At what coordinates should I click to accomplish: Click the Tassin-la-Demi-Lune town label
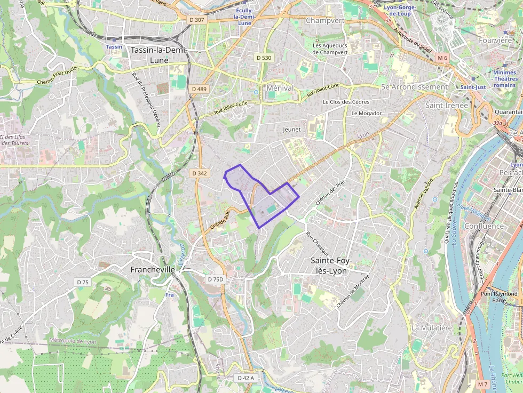click(156, 55)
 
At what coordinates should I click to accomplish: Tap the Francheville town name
click(153, 270)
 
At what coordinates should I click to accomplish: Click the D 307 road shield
click(197, 20)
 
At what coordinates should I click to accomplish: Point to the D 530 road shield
click(264, 58)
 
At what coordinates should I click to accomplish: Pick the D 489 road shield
click(199, 89)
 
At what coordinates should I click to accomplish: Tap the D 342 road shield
click(199, 173)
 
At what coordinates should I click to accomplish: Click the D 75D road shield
click(216, 279)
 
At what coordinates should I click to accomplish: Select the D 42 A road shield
click(245, 378)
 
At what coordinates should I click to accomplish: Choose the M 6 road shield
click(442, 57)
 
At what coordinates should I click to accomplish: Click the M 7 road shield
click(482, 384)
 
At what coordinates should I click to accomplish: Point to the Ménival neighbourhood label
click(280, 87)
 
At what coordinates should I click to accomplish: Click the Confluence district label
click(484, 226)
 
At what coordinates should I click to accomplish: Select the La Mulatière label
click(432, 327)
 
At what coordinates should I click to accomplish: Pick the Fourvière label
click(495, 40)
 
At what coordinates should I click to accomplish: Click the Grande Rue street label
click(219, 220)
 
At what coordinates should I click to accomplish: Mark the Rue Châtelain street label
click(317, 243)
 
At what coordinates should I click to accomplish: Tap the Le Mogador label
click(366, 114)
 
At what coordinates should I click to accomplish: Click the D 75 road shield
click(83, 282)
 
